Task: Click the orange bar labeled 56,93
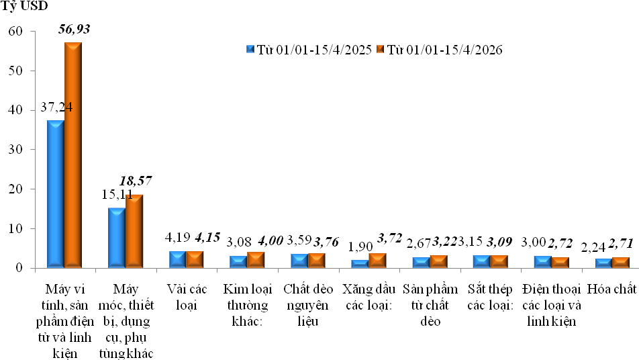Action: tap(73, 154)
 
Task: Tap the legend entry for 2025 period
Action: tap(309, 50)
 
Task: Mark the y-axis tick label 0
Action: tap(20, 269)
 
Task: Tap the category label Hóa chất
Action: tap(611, 289)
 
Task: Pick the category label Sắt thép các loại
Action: tap(490, 296)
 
